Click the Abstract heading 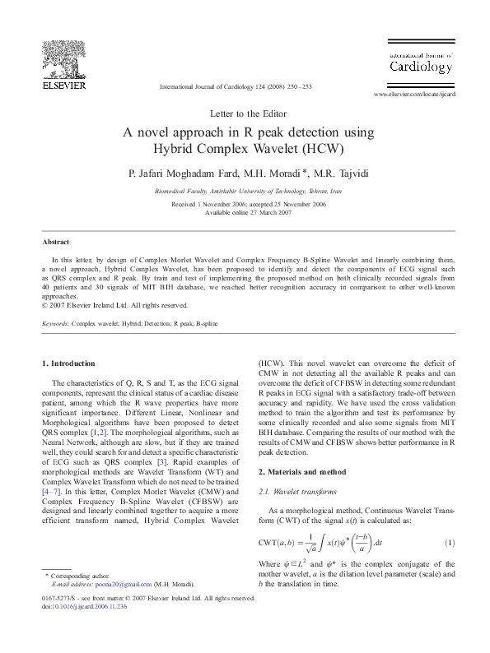pyautogui.click(x=56, y=243)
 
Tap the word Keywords pyautogui.click(x=55, y=324)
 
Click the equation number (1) pyautogui.click(x=450, y=542)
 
